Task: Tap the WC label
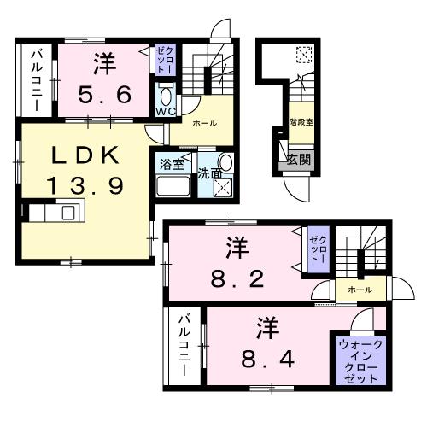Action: pyautogui.click(x=165, y=111)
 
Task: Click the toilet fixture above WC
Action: pyautogui.click(x=165, y=92)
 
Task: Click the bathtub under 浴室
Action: pyautogui.click(x=173, y=188)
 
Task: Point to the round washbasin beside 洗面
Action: pyautogui.click(x=225, y=162)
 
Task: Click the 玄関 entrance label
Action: pyautogui.click(x=299, y=158)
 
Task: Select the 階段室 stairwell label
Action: pyautogui.click(x=300, y=122)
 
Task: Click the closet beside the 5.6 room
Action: pyautogui.click(x=164, y=59)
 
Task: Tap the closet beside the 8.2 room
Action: pyautogui.click(x=318, y=248)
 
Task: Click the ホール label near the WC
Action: pyautogui.click(x=204, y=124)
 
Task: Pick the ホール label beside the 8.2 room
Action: pyautogui.click(x=360, y=290)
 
